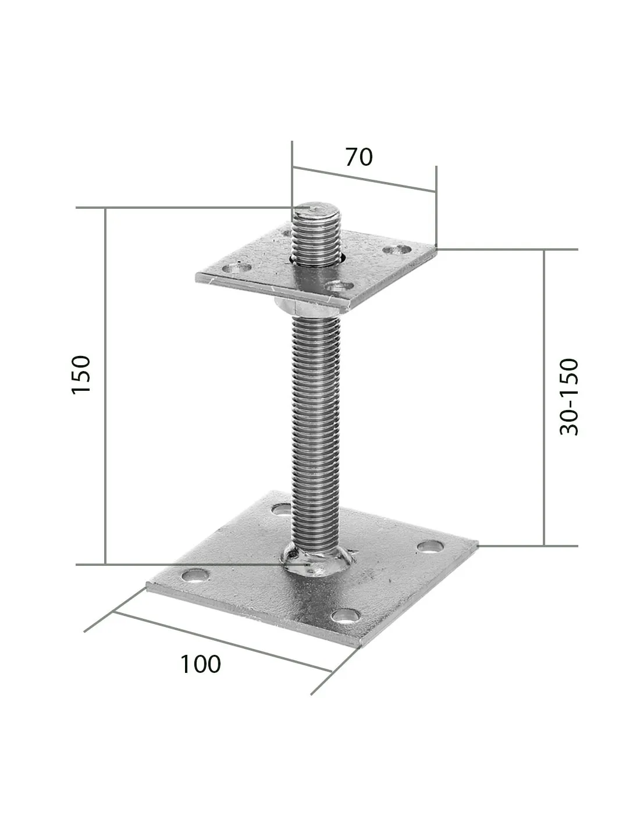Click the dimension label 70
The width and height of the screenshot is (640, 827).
click(x=358, y=157)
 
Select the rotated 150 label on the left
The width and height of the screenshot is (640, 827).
click(x=81, y=375)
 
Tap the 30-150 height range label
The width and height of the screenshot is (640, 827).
click(x=569, y=397)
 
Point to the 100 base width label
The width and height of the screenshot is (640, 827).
click(x=200, y=664)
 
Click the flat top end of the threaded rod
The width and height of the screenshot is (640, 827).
click(x=315, y=209)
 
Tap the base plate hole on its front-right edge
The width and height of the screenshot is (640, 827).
click(x=344, y=616)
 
